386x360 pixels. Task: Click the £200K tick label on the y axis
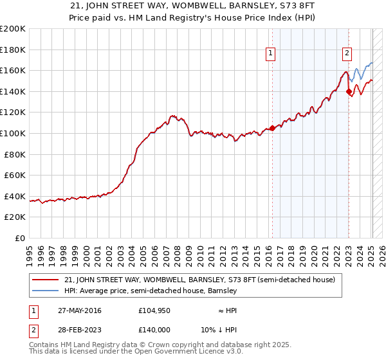[13, 29]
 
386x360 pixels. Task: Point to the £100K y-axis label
[13, 133]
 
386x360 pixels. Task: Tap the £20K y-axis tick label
[15, 217]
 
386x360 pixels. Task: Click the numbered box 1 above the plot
[270, 54]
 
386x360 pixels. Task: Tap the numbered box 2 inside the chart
[347, 54]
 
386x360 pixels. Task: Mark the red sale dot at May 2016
[272, 128]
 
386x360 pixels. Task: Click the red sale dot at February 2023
[349, 91]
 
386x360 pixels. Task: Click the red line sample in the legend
[46, 280]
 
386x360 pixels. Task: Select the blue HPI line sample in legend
[46, 291]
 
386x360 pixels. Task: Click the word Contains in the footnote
[45, 345]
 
